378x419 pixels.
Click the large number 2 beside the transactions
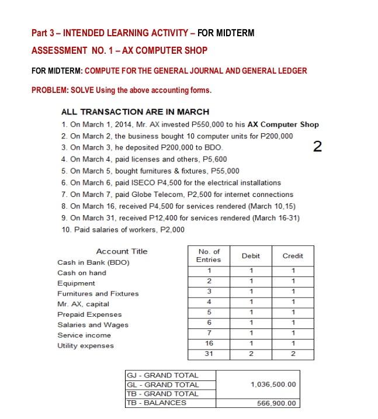(x=317, y=146)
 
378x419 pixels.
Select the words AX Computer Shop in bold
(x=283, y=124)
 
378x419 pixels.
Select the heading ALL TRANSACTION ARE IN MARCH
(x=135, y=112)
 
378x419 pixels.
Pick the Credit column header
(x=293, y=256)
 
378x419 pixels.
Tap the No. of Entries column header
(x=209, y=255)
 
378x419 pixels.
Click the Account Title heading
(x=122, y=251)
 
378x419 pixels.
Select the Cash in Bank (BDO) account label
(x=93, y=262)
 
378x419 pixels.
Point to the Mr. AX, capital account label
(x=83, y=304)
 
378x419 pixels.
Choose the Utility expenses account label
(x=85, y=345)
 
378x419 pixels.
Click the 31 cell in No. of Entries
(x=209, y=354)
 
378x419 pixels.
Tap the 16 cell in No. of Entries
(x=209, y=344)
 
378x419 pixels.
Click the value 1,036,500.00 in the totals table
(x=273, y=385)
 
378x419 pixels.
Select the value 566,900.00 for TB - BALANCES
(x=276, y=403)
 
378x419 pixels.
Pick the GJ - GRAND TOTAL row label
(x=163, y=375)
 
